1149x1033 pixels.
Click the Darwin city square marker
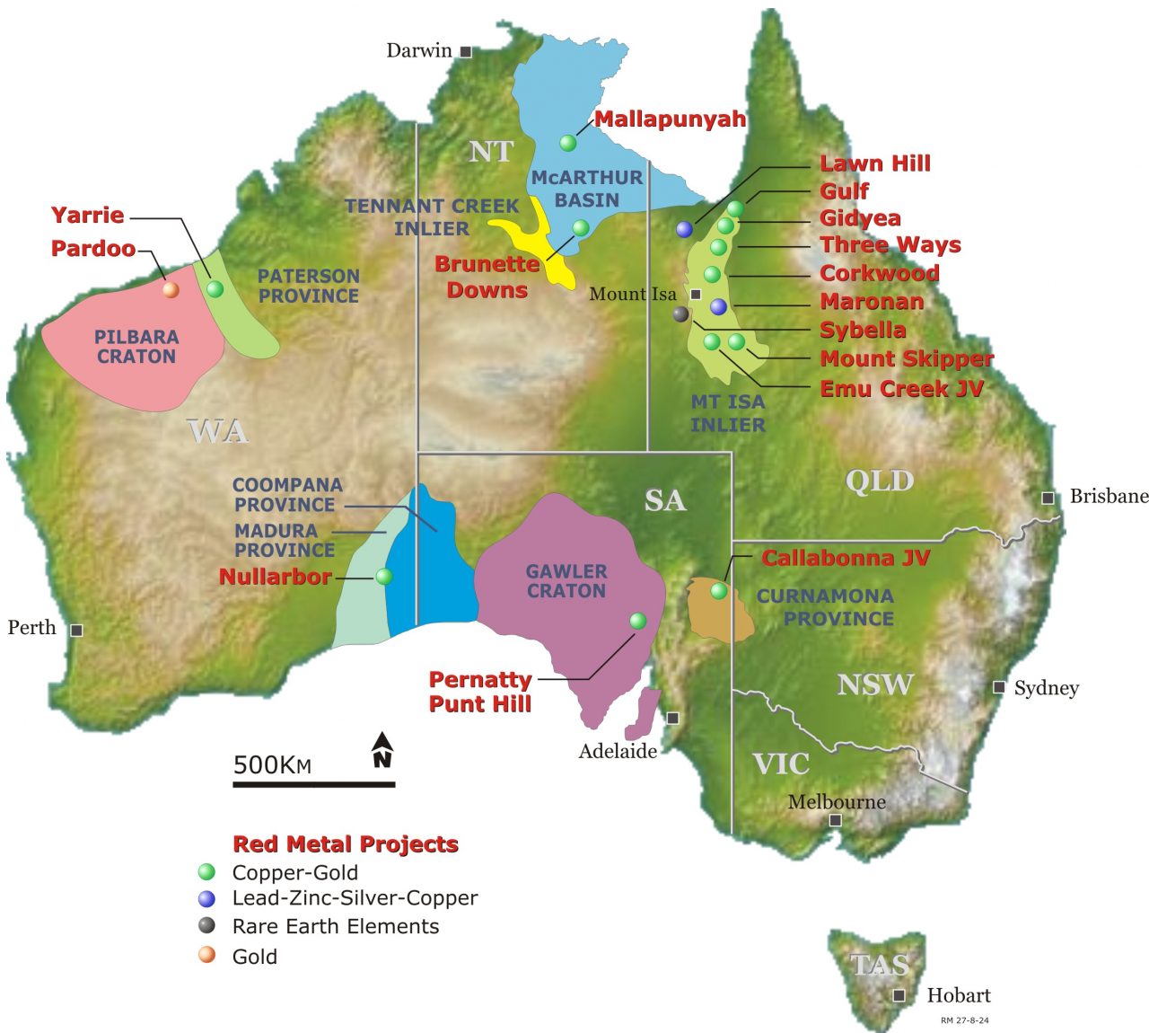(x=466, y=52)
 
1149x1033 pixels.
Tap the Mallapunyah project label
(x=670, y=119)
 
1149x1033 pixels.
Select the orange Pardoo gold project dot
(x=171, y=289)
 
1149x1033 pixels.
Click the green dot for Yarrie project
(x=215, y=288)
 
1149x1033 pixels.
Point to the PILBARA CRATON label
(x=136, y=347)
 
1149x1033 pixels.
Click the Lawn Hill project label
(x=874, y=163)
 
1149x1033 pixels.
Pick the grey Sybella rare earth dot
(x=681, y=313)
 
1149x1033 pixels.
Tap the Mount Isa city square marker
(x=695, y=294)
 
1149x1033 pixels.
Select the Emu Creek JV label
(x=901, y=389)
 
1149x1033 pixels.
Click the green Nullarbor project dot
(x=384, y=576)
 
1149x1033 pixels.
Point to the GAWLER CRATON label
(x=566, y=581)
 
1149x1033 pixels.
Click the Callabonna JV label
(x=846, y=558)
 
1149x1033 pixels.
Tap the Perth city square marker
(x=77, y=631)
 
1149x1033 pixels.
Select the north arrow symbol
(x=382, y=750)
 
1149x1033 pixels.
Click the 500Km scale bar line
(x=313, y=784)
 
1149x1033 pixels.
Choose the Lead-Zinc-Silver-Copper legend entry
(x=354, y=898)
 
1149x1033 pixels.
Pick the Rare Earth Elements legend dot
(x=207, y=926)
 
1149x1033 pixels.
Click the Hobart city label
(x=958, y=995)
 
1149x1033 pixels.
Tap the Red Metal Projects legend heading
(x=346, y=844)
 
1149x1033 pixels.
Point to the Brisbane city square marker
(x=1048, y=498)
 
